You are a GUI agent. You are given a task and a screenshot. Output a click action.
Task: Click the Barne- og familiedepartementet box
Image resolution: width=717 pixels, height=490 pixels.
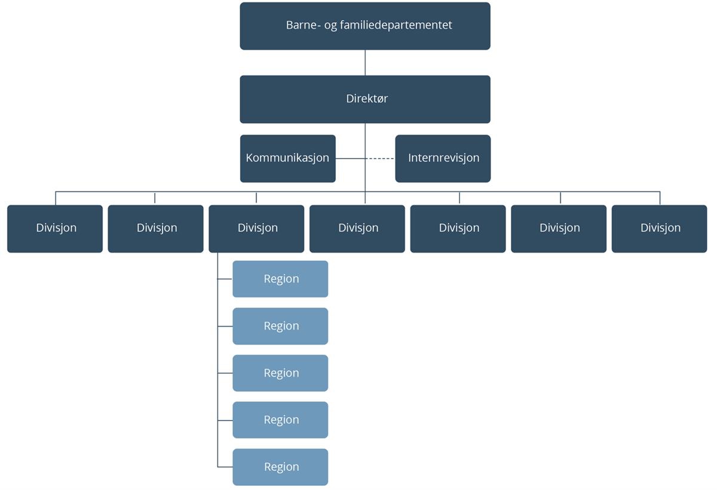point(364,26)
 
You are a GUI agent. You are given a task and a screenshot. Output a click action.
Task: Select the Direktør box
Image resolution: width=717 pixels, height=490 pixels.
point(364,99)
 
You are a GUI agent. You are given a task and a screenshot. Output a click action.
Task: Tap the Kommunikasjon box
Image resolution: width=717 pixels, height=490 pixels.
point(287,159)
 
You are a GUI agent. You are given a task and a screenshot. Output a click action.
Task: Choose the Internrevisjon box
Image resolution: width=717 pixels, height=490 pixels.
point(443,159)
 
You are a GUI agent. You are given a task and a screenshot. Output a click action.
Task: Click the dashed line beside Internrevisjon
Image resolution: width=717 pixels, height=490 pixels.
point(380,159)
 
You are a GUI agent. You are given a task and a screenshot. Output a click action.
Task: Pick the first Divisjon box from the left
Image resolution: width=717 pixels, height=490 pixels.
point(55,229)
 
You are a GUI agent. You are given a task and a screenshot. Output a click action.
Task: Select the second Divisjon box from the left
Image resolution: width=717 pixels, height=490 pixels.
point(155,229)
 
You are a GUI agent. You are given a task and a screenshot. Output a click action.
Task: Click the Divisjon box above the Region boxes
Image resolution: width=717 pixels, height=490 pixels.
point(256,229)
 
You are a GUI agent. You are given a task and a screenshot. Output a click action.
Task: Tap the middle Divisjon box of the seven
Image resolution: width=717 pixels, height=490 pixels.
point(357,229)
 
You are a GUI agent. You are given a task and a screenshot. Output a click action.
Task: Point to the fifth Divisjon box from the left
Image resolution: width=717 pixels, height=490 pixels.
point(458,229)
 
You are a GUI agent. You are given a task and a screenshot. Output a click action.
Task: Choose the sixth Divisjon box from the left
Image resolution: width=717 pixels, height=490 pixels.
point(559,229)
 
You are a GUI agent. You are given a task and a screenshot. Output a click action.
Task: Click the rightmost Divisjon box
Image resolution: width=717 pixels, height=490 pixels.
point(659,229)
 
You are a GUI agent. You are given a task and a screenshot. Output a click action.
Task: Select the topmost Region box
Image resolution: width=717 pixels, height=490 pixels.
point(280,279)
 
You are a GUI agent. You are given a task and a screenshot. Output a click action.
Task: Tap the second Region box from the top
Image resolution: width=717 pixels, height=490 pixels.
point(280,326)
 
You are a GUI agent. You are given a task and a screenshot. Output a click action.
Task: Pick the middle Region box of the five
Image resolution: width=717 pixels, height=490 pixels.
point(280,373)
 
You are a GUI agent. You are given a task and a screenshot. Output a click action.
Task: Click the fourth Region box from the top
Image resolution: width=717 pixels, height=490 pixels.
point(280,420)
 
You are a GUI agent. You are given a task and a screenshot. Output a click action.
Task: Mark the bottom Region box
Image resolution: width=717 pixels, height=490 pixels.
point(280,467)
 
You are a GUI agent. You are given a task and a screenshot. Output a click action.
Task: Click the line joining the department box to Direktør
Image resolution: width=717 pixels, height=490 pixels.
point(365,62)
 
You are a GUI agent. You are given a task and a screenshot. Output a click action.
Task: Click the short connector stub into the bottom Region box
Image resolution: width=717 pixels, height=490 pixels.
point(225,467)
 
